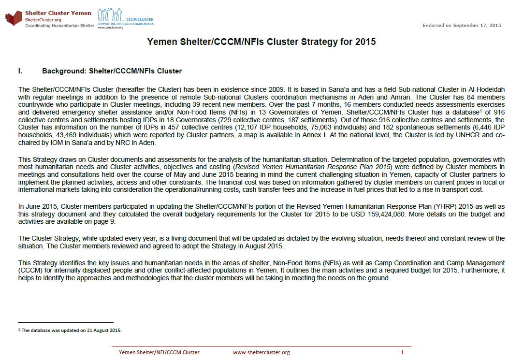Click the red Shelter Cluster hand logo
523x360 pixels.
pyautogui.click(x=14, y=19)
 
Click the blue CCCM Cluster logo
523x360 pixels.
pyautogui.click(x=125, y=19)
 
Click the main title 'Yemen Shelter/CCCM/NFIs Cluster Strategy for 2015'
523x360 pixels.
pyautogui.click(x=261, y=42)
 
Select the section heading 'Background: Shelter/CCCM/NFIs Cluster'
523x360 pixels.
pyautogui.click(x=112, y=71)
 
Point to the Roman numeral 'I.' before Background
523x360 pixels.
pyautogui.click(x=20, y=71)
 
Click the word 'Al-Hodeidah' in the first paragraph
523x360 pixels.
pyautogui.click(x=488, y=89)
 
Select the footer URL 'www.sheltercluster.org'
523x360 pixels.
pyautogui.click(x=261, y=352)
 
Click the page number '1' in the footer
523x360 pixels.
pyautogui.click(x=402, y=352)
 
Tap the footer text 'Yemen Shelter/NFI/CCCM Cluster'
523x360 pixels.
pyautogui.click(x=159, y=352)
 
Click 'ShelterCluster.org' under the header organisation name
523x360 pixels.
pyautogui.click(x=43, y=19)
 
